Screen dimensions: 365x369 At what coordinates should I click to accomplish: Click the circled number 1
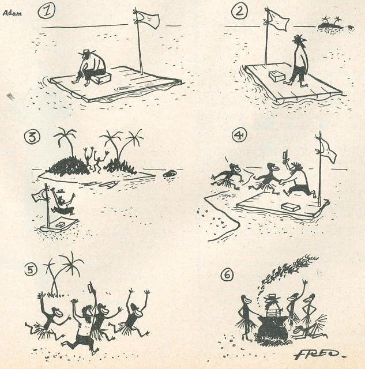click(x=46, y=12)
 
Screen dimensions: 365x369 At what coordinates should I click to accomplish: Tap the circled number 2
click(x=239, y=12)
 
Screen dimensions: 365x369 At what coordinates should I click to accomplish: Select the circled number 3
click(x=32, y=137)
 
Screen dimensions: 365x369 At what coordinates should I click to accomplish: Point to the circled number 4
click(x=239, y=136)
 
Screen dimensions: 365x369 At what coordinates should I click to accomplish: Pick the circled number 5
click(x=31, y=270)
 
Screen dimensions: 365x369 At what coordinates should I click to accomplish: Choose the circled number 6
click(x=227, y=275)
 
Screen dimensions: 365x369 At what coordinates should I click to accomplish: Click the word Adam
click(x=12, y=13)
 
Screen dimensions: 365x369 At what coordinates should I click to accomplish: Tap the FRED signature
click(x=319, y=353)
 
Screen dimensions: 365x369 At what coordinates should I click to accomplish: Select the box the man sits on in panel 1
click(x=101, y=78)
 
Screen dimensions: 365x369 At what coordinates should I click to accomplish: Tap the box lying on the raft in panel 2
click(x=277, y=76)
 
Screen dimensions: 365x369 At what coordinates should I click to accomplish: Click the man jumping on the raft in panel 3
click(x=62, y=202)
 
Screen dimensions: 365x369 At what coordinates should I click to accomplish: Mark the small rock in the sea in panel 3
click(x=170, y=174)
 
